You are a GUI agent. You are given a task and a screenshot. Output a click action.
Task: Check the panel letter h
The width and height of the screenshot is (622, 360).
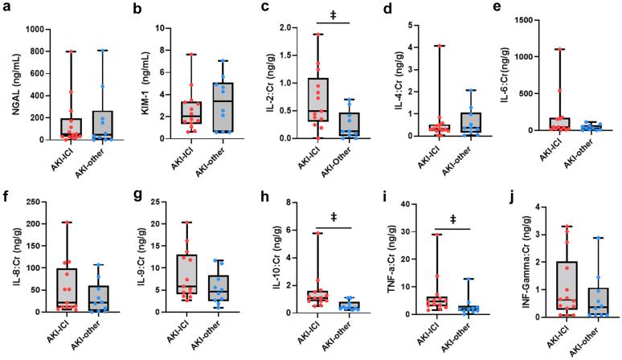pos(256,192)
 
